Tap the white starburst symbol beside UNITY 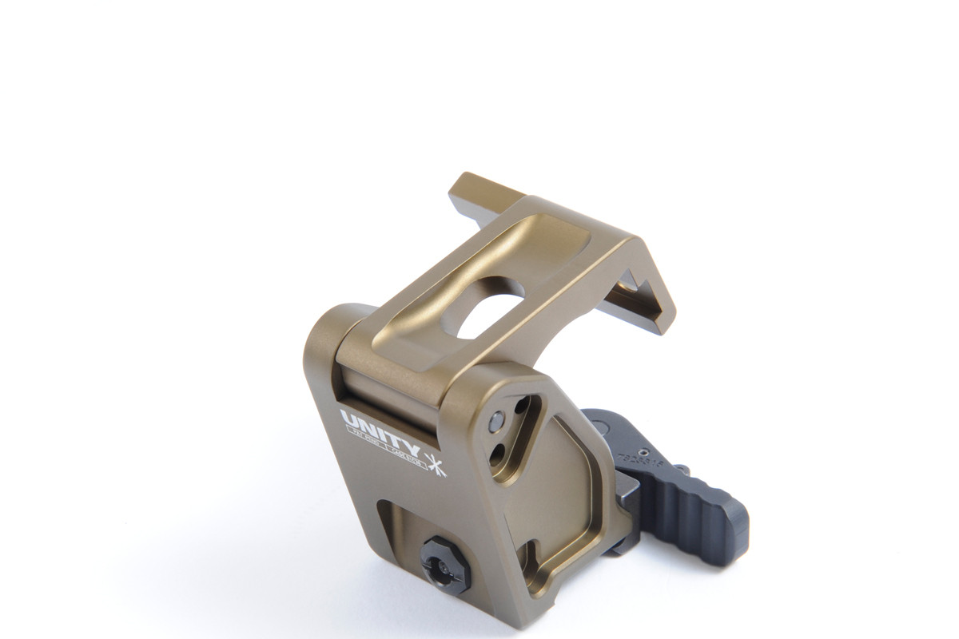coord(434,464)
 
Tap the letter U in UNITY coord(348,417)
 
